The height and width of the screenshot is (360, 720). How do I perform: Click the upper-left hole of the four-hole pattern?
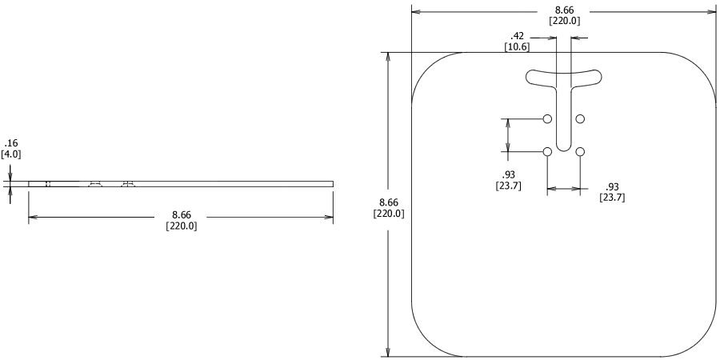[547, 119]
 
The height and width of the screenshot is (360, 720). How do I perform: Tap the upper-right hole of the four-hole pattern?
[580, 119]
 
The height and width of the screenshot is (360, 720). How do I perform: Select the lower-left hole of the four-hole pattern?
[547, 152]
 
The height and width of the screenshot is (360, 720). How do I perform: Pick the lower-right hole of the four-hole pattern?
[580, 152]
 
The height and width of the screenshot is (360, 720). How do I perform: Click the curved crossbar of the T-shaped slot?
[563, 78]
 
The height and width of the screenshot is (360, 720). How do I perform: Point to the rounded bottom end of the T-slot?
[563, 146]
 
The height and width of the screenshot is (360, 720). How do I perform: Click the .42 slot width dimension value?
[517, 36]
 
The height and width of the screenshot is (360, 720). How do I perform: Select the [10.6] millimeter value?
[517, 47]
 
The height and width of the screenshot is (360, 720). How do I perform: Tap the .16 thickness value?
[10, 143]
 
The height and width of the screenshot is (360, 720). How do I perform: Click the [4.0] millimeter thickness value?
[11, 154]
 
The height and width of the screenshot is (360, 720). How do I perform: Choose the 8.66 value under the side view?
[182, 215]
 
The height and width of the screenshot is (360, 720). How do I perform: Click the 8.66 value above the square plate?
[564, 10]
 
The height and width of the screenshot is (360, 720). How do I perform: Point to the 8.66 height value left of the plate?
[389, 202]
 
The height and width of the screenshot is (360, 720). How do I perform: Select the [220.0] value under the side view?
[182, 226]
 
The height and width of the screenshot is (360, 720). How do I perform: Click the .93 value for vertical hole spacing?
[509, 175]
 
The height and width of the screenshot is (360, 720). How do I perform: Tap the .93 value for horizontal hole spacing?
[612, 187]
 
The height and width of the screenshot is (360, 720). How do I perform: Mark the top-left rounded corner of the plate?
[427, 68]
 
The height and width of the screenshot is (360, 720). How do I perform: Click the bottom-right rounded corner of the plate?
[701, 341]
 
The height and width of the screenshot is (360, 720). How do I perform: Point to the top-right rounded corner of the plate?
[701, 68]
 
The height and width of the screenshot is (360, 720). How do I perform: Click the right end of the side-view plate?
[331, 184]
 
